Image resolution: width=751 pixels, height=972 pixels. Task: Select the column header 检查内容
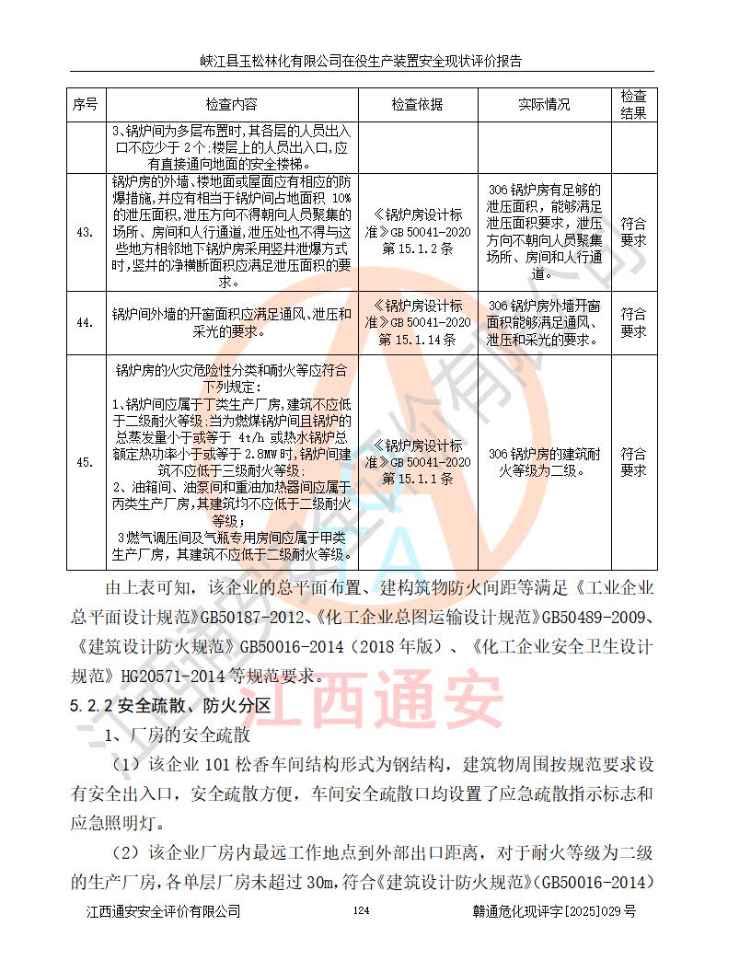pyautogui.click(x=232, y=105)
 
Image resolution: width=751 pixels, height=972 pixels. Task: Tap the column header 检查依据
pyautogui.click(x=417, y=105)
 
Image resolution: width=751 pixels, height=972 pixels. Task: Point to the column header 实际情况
pyautogui.click(x=544, y=105)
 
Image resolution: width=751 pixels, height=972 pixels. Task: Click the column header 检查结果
pyautogui.click(x=633, y=105)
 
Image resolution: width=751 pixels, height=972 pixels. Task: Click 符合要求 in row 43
pyautogui.click(x=633, y=232)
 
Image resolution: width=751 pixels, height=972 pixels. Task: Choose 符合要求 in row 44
pyautogui.click(x=633, y=322)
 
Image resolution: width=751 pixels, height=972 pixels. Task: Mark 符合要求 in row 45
pyautogui.click(x=633, y=462)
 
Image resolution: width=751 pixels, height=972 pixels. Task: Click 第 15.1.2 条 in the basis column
pyautogui.click(x=418, y=249)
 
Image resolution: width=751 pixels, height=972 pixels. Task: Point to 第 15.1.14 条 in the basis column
pyautogui.click(x=418, y=339)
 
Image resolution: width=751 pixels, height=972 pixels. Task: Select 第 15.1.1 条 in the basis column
pyautogui.click(x=418, y=479)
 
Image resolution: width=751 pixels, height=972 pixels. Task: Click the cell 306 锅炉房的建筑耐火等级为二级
pyautogui.click(x=544, y=462)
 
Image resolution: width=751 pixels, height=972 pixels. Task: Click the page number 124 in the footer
pyautogui.click(x=361, y=910)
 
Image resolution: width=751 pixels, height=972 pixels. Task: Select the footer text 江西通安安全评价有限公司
pyautogui.click(x=163, y=911)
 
